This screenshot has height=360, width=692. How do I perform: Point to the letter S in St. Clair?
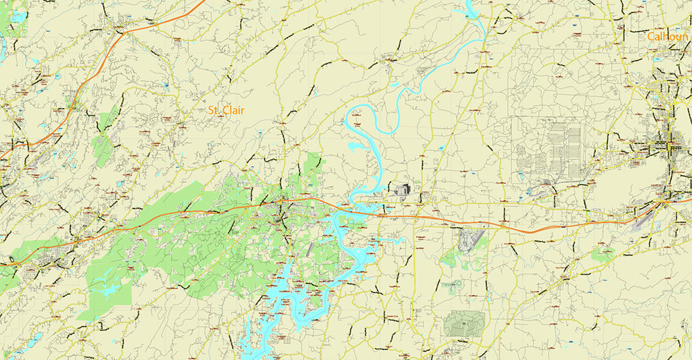(x=211, y=110)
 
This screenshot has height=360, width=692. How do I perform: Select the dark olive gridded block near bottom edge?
(x=464, y=323)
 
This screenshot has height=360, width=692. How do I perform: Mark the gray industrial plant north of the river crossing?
(x=401, y=189)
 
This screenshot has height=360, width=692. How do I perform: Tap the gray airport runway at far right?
(x=644, y=219)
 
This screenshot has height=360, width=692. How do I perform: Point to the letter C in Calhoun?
(x=652, y=36)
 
